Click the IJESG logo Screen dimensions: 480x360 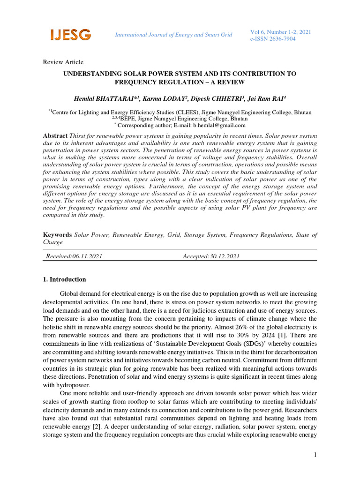pyautogui.click(x=70, y=34)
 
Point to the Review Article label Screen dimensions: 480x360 pyautogui.click(x=63, y=62)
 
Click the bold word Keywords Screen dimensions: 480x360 pyautogui.click(x=57, y=234)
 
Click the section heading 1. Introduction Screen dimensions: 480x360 pyautogui.click(x=65, y=279)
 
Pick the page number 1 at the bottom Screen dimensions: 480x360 pyautogui.click(x=315, y=455)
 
